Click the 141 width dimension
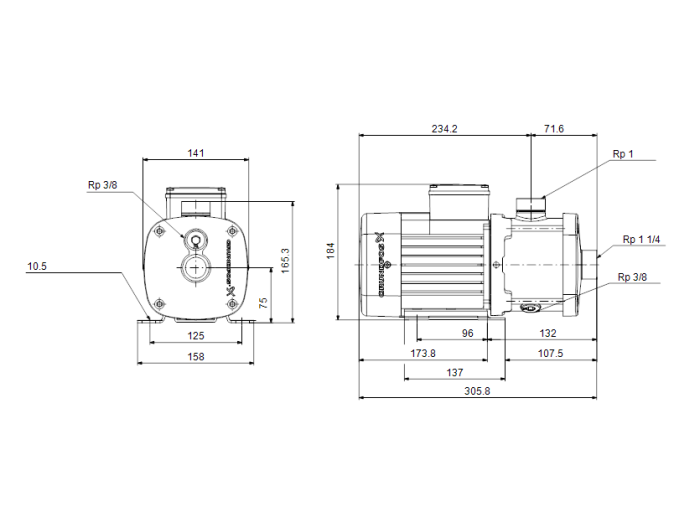(196, 153)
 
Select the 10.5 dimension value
(37, 267)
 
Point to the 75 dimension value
(263, 302)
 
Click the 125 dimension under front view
(196, 336)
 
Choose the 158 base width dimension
(196, 357)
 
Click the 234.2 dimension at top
(445, 129)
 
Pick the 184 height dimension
(332, 252)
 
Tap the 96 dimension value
(467, 334)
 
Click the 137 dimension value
(455, 373)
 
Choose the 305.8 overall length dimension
(478, 392)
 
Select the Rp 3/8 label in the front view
(102, 185)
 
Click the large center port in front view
(196, 268)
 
